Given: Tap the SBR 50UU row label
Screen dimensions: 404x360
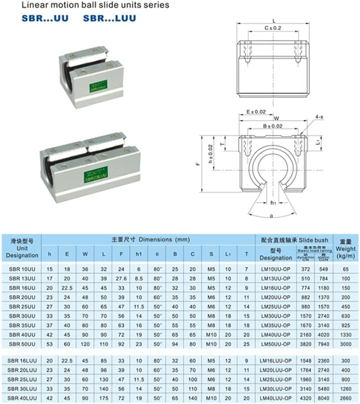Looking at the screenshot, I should coord(21,343).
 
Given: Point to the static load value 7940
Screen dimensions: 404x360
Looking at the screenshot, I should coord(324,343).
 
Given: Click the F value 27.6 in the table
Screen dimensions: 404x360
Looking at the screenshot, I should coord(121,278).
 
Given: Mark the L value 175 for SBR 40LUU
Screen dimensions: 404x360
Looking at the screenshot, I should coord(103,399).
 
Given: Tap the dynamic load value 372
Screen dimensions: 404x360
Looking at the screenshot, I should coord(304,268).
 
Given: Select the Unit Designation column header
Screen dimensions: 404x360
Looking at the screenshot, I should coord(21,248).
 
